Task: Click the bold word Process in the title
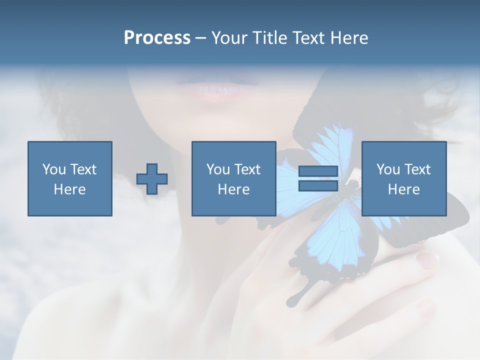click(x=157, y=38)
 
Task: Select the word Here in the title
click(x=349, y=38)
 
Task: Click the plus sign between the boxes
click(x=152, y=179)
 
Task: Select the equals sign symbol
click(x=318, y=178)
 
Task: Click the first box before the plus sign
click(x=69, y=178)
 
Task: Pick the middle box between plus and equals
click(x=233, y=178)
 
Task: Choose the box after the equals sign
click(x=403, y=178)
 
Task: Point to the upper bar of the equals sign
click(x=318, y=171)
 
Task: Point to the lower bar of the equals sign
click(x=318, y=186)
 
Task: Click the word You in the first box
click(x=53, y=169)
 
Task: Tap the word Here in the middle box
click(x=233, y=189)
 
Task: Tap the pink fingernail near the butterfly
click(x=427, y=259)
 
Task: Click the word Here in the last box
click(x=403, y=189)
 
